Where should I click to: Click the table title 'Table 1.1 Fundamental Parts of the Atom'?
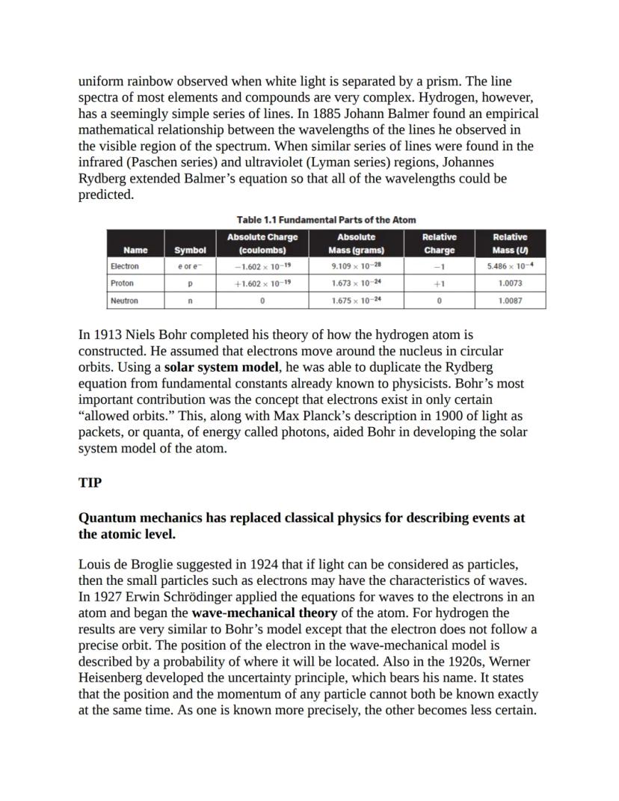(326, 219)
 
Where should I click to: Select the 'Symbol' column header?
(190, 251)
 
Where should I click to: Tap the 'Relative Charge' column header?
(439, 244)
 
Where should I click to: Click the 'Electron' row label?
(124, 266)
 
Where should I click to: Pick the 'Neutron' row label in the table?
(124, 301)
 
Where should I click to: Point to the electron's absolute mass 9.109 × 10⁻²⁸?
(356, 266)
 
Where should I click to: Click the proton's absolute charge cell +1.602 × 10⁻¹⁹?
(262, 283)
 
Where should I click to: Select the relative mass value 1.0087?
(510, 301)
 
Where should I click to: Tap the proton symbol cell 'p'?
(190, 283)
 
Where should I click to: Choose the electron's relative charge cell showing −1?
(439, 266)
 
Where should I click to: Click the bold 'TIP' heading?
(90, 482)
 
